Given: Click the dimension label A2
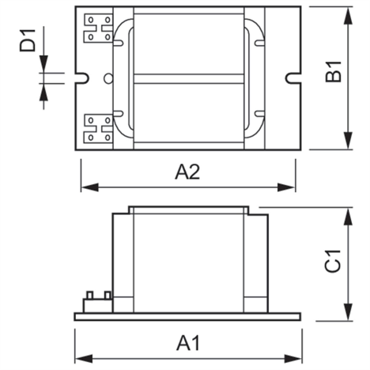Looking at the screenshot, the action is (187, 172).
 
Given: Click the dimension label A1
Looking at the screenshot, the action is (188, 343).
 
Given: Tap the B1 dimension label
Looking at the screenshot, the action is (334, 72).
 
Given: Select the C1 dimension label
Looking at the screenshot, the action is (333, 261).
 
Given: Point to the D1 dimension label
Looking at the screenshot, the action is (28, 40).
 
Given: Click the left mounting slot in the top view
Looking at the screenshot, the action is (82, 78).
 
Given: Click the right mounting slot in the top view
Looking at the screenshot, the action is (293, 78).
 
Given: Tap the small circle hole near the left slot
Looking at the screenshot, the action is (108, 78).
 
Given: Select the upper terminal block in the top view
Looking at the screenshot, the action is (98, 28).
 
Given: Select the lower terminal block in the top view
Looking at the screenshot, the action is (98, 129).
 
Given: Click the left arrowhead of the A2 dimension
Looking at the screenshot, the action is (89, 187).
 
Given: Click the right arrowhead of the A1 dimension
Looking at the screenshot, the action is (293, 359).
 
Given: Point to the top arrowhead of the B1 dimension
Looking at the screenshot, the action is (349, 17).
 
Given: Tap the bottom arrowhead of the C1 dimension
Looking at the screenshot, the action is (349, 312).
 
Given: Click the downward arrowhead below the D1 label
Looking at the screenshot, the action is (43, 64).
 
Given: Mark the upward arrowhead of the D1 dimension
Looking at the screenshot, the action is (43, 92).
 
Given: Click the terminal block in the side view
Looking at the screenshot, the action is (98, 302).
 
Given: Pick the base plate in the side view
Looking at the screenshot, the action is (187, 317).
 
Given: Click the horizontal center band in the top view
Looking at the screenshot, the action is (189, 79).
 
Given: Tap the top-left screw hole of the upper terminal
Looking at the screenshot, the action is (91, 20).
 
